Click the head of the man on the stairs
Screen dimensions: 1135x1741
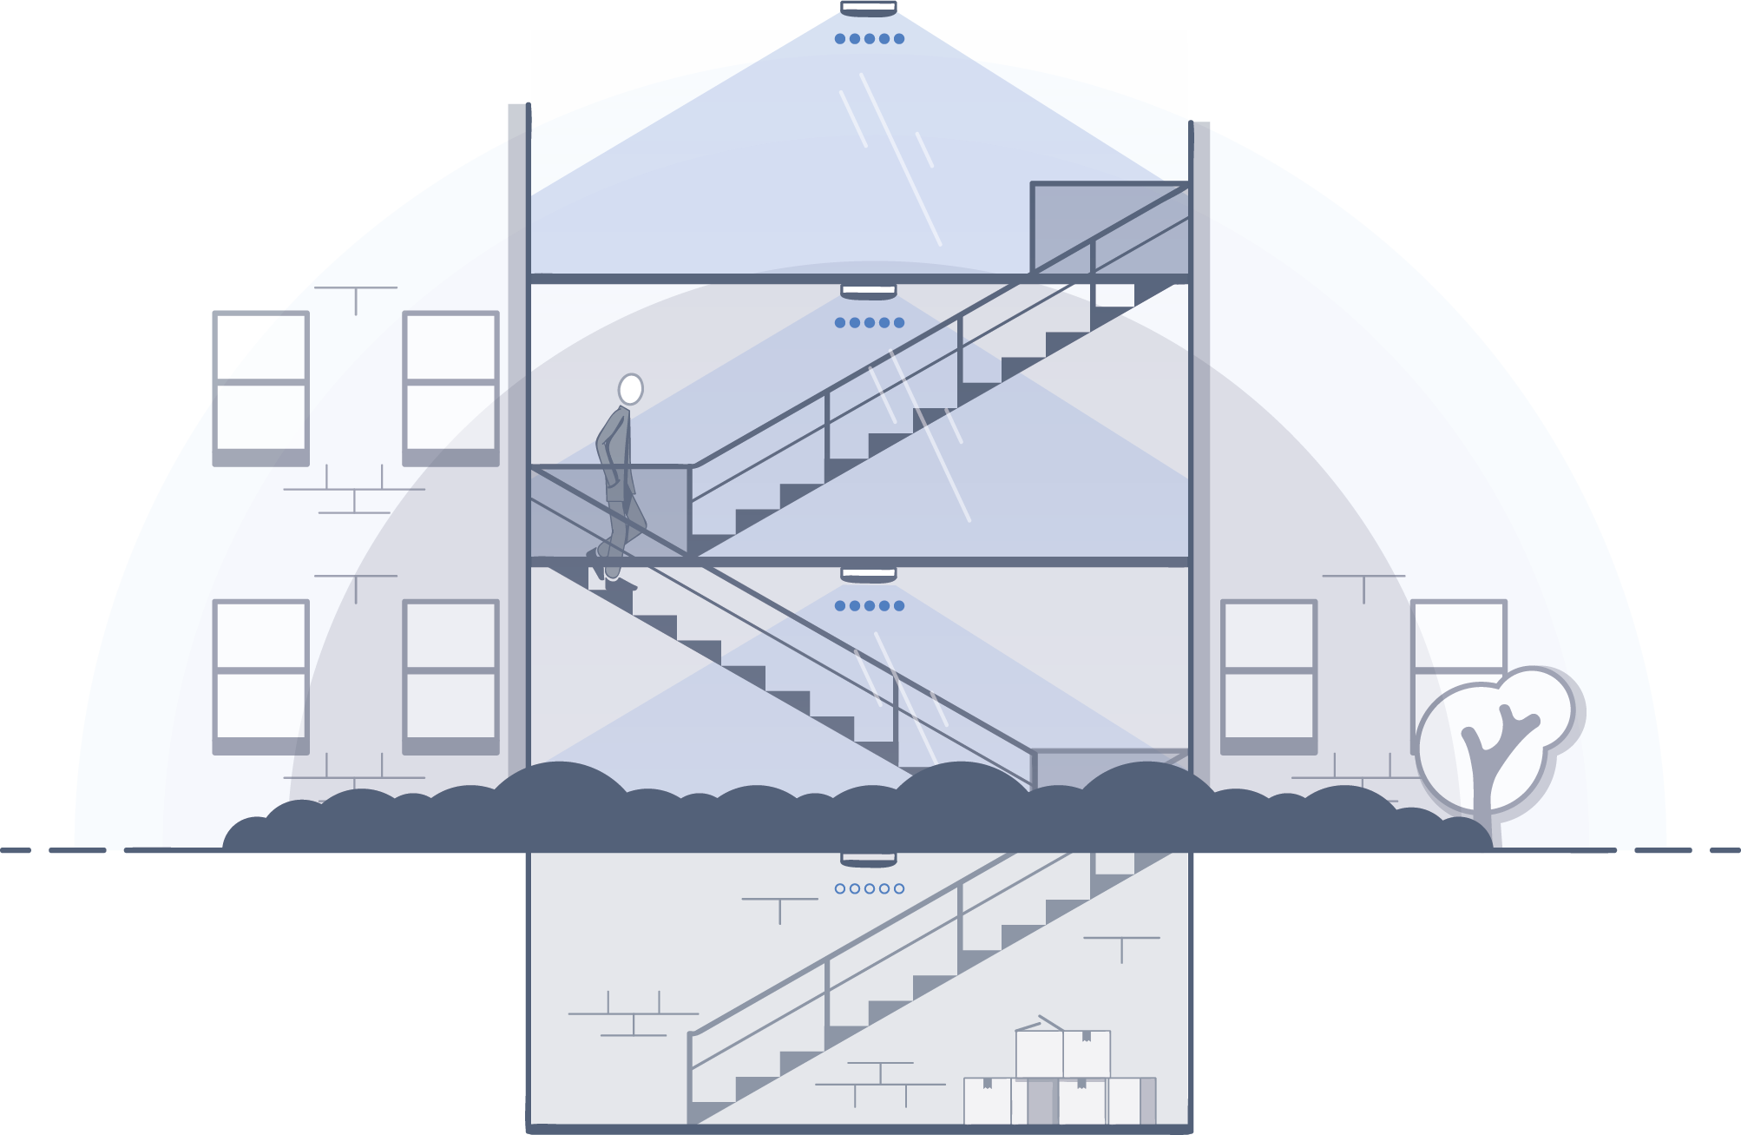(x=631, y=389)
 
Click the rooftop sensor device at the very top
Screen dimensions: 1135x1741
(x=868, y=9)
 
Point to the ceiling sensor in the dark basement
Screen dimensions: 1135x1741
(x=868, y=857)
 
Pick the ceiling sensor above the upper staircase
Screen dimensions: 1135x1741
(x=868, y=291)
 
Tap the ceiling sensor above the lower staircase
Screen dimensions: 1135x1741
(x=868, y=575)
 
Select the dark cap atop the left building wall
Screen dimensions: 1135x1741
(x=519, y=121)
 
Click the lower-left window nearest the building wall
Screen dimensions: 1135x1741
(x=450, y=676)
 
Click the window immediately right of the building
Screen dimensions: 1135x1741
(x=1269, y=676)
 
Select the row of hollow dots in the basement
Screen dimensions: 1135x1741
(x=869, y=888)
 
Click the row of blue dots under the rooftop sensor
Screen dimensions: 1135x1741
(x=869, y=39)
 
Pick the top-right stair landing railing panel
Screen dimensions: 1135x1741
(x=1109, y=228)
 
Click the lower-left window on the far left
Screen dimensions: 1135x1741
(x=261, y=676)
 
